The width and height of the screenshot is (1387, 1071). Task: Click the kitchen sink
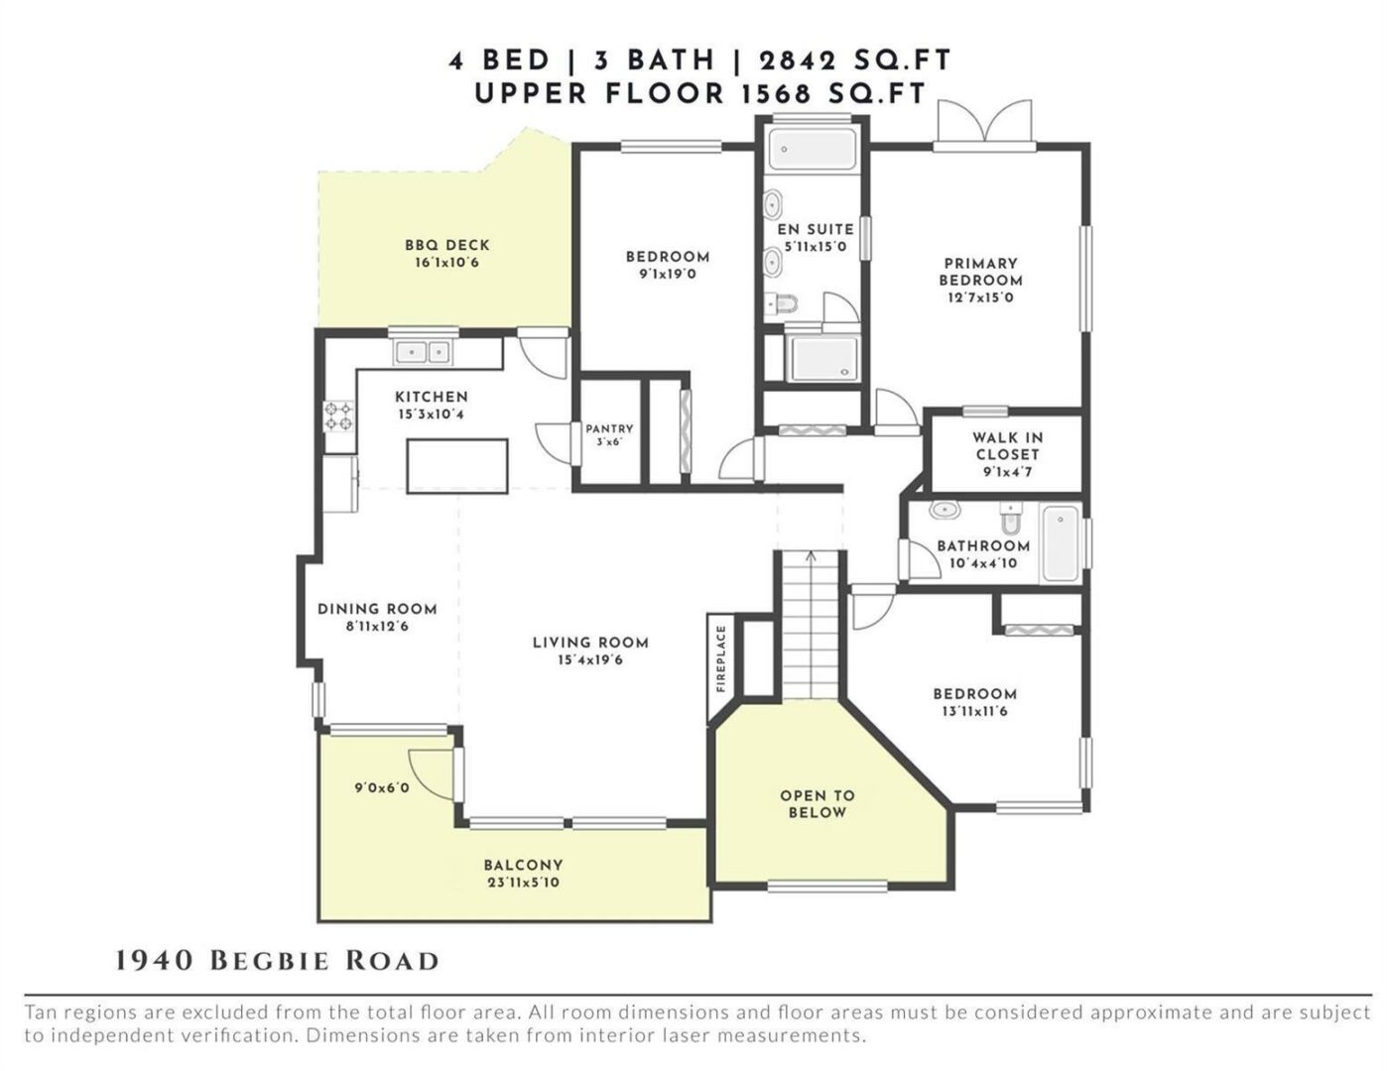tap(422, 352)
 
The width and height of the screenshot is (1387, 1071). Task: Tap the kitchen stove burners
tap(339, 416)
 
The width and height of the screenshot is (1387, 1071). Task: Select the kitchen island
tap(457, 466)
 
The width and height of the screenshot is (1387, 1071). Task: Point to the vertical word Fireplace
tap(721, 658)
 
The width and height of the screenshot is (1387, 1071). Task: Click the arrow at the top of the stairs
tap(811, 556)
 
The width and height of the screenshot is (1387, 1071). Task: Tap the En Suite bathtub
tap(812, 149)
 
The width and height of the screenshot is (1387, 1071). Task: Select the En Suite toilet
tap(781, 303)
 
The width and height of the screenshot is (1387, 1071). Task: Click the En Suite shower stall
tap(824, 359)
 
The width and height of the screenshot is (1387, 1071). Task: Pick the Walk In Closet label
tap(1007, 454)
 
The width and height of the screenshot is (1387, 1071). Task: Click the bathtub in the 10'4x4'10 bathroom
tap(1059, 543)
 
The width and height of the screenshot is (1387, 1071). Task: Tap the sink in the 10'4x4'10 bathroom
tap(945, 510)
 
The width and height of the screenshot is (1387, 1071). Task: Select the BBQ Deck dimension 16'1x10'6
tap(446, 263)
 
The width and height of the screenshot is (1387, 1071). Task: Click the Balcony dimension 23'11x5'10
tap(523, 883)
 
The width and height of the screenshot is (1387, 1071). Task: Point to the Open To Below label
tap(817, 803)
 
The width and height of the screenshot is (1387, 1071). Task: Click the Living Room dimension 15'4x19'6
tap(590, 660)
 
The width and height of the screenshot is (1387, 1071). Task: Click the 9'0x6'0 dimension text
tap(382, 788)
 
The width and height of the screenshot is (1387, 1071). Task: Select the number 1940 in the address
tap(155, 961)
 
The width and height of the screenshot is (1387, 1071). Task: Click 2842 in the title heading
tap(798, 61)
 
